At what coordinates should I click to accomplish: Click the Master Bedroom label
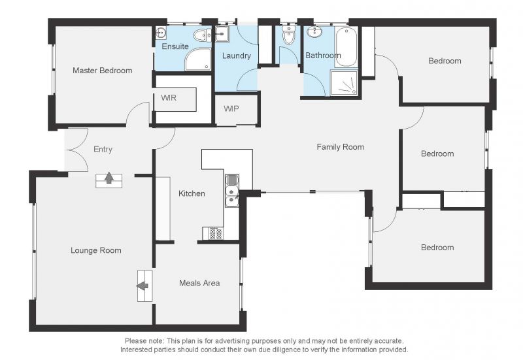click(103, 71)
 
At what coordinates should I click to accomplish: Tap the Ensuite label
click(175, 46)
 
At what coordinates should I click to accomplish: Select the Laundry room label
click(237, 56)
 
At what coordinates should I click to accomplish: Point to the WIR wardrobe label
click(169, 98)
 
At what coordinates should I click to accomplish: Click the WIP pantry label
click(231, 108)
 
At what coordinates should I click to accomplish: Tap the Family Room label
click(340, 147)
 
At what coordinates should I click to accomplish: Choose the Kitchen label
click(192, 193)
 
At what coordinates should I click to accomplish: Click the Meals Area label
click(199, 283)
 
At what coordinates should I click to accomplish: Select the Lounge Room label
click(96, 250)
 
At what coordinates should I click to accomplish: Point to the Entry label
click(103, 150)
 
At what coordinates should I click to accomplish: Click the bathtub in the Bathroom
click(346, 47)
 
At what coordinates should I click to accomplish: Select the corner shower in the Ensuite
click(198, 59)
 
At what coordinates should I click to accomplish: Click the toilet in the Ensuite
click(203, 35)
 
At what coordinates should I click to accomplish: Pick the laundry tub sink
click(222, 34)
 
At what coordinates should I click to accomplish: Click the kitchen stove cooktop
click(213, 233)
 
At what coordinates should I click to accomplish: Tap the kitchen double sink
click(232, 190)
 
